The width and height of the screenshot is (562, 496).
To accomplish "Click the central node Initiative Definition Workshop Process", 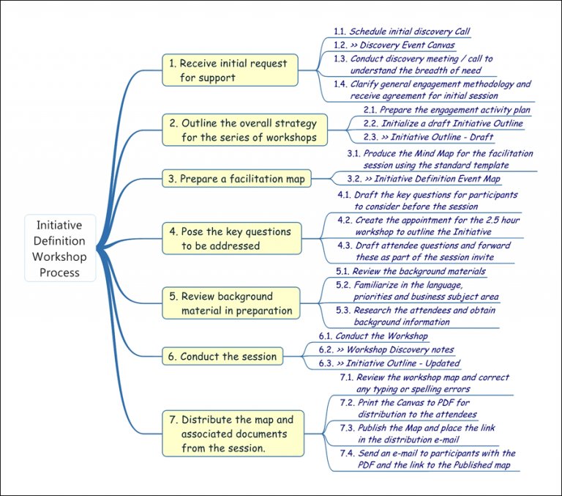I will (x=60, y=248).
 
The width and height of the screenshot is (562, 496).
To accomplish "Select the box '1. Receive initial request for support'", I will (x=230, y=70).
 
